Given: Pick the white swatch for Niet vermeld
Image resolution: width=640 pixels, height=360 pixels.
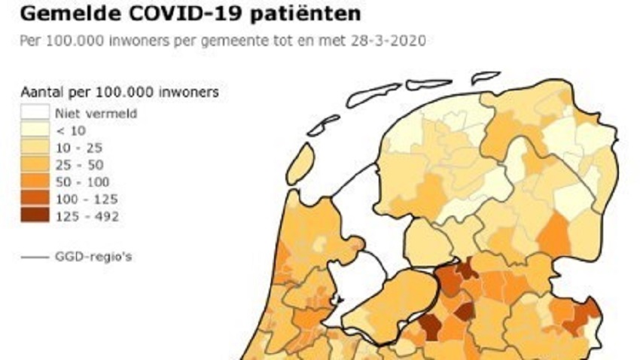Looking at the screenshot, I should pyautogui.click(x=35, y=114).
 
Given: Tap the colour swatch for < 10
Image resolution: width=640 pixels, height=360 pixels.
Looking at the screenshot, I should pyautogui.click(x=35, y=130).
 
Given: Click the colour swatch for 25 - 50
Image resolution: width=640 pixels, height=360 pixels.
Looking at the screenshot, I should pyautogui.click(x=35, y=165).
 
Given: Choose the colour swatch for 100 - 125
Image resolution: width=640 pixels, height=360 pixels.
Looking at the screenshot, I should pyautogui.click(x=35, y=200).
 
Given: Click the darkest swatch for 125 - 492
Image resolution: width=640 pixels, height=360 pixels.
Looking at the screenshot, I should pyautogui.click(x=35, y=217).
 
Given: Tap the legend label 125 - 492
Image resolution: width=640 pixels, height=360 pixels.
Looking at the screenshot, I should pyautogui.click(x=87, y=217).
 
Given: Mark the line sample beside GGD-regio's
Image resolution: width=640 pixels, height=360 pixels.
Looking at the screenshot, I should pyautogui.click(x=35, y=257).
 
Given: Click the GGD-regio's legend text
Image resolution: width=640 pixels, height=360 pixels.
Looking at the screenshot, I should pyautogui.click(x=94, y=257).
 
